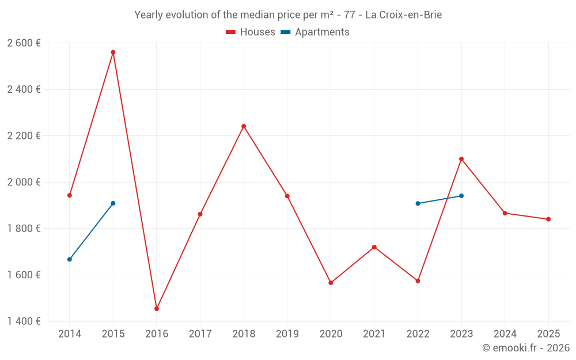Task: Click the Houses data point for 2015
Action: (x=113, y=52)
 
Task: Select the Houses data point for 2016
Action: (x=157, y=309)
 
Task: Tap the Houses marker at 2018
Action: (x=244, y=126)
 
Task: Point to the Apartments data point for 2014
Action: (x=70, y=259)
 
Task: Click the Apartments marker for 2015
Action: (x=113, y=203)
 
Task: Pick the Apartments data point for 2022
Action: (x=418, y=203)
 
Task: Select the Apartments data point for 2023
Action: (x=461, y=196)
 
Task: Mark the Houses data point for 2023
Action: (x=461, y=159)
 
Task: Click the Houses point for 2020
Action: (x=331, y=283)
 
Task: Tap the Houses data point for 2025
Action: (x=548, y=219)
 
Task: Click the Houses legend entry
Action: (x=251, y=32)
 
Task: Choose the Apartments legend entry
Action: (x=315, y=32)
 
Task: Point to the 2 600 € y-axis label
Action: (x=24, y=43)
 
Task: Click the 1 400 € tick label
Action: (x=24, y=321)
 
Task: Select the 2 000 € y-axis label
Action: (x=24, y=182)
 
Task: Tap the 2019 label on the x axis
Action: (x=287, y=334)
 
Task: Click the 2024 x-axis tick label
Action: (x=505, y=334)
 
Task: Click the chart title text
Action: (x=288, y=15)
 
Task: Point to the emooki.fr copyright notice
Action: (x=525, y=348)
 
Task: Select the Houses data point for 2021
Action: (x=374, y=247)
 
